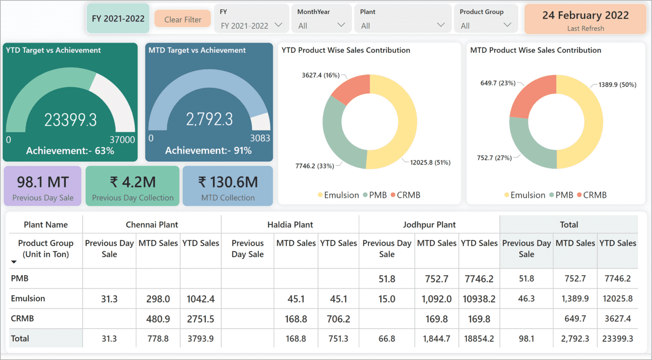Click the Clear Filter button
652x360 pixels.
click(183, 20)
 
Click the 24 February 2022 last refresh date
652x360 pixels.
click(585, 16)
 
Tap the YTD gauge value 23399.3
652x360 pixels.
click(70, 120)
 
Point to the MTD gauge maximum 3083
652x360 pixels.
click(260, 138)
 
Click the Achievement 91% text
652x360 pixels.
click(208, 151)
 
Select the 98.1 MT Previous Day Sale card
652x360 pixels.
click(43, 186)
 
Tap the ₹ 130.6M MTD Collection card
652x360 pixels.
click(228, 186)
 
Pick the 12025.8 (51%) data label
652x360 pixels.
click(430, 163)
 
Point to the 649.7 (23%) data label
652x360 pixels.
click(497, 83)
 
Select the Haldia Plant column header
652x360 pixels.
click(290, 225)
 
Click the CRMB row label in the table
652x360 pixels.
click(22, 318)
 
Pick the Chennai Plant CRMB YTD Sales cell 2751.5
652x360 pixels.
click(200, 319)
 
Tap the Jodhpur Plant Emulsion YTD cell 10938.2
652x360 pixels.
click(479, 299)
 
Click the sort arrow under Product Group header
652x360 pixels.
click(14, 262)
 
